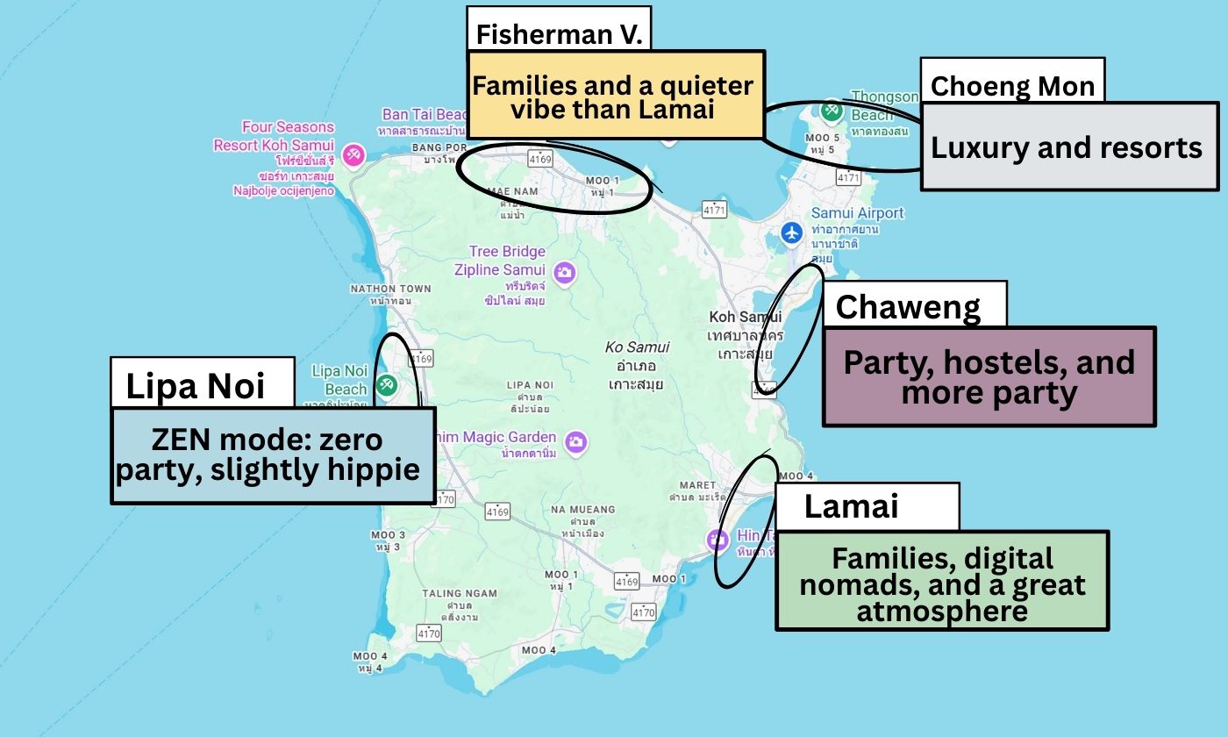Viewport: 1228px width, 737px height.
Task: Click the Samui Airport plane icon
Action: [792, 233]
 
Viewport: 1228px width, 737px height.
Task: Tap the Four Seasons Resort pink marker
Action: [353, 154]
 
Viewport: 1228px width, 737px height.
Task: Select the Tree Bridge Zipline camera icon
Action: [566, 272]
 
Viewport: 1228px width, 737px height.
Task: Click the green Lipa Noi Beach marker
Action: [386, 383]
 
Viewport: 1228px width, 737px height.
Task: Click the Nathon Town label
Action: [390, 289]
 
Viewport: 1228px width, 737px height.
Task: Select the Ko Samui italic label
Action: [638, 347]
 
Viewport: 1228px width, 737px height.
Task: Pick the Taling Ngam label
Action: [453, 594]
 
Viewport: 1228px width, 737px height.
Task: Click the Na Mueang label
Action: [583, 510]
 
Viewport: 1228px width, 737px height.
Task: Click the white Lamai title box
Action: [867, 506]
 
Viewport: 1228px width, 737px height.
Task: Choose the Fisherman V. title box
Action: [559, 33]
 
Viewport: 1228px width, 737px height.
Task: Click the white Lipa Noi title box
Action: [201, 383]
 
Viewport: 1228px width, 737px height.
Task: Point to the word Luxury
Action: [978, 147]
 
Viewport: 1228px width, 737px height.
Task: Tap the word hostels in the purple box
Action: [995, 362]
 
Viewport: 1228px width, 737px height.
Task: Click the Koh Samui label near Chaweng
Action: [745, 317]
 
